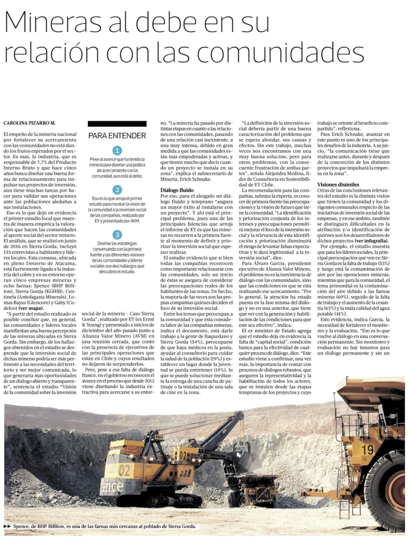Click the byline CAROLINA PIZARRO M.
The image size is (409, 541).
point(29,123)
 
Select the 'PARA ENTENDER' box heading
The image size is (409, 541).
point(117,136)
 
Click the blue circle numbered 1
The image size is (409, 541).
point(117,151)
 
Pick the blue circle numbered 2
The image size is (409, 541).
point(117,189)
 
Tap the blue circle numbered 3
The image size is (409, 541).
point(117,234)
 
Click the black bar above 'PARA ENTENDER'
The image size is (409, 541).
point(117,124)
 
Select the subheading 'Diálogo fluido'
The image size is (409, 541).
point(177,190)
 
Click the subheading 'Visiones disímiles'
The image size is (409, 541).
point(338,185)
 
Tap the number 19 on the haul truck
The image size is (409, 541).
point(367,449)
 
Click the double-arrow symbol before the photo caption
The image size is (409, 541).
point(7,526)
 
